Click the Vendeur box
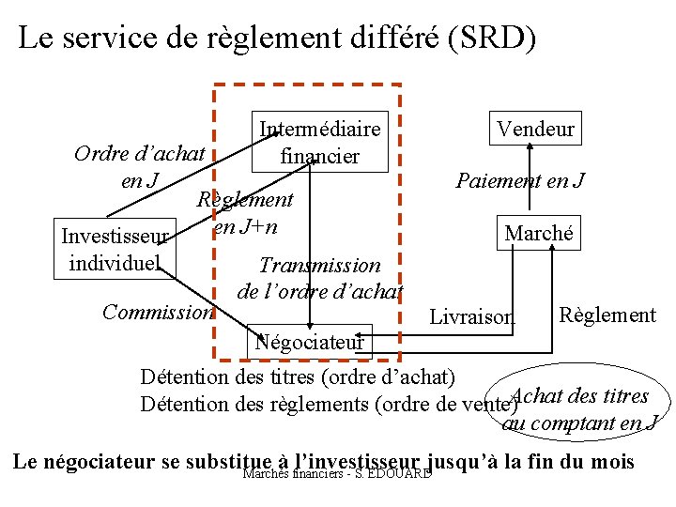pyautogui.click(x=535, y=129)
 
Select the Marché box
pyautogui.click(x=538, y=233)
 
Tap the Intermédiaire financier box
pyautogui.click(x=319, y=142)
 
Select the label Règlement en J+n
pyautogui.click(x=245, y=213)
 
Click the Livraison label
pyautogui.click(x=471, y=317)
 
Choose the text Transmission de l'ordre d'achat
pyautogui.click(x=320, y=278)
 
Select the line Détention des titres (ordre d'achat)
pyautogui.click(x=297, y=378)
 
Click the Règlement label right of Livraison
pyautogui.click(x=607, y=315)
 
